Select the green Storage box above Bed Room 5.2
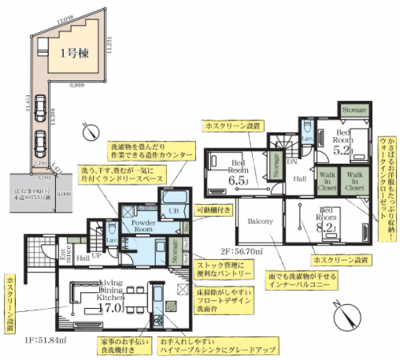click(x=354, y=109)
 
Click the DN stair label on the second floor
click(x=292, y=162)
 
